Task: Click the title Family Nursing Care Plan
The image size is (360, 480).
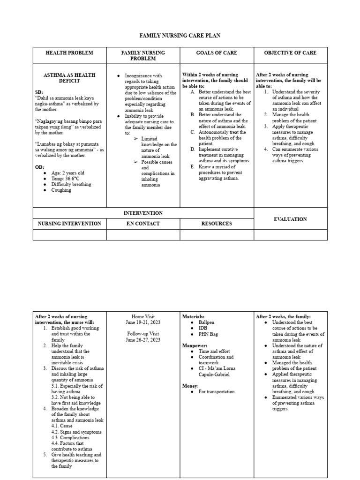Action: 180,36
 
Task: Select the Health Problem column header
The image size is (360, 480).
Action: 69,53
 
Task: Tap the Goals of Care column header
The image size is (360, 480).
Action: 217,53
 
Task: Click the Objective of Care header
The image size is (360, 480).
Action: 290,53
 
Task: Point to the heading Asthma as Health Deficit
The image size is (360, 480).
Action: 69,78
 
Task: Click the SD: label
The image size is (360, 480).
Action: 40,92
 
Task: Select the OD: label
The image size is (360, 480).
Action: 40,167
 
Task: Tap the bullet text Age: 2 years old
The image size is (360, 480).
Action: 68,173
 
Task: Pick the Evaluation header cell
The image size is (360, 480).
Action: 290,219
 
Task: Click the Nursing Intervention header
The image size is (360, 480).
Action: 69,224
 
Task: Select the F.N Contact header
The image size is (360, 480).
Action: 143,224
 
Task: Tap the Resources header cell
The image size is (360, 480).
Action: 217,224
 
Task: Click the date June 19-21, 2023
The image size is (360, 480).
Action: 143,322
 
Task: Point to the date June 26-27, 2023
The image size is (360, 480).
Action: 143,340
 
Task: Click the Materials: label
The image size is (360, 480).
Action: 193,317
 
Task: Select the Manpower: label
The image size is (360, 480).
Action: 195,345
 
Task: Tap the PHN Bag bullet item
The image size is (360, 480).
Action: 208,334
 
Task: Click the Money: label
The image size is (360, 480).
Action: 191,385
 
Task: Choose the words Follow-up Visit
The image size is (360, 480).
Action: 143,334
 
